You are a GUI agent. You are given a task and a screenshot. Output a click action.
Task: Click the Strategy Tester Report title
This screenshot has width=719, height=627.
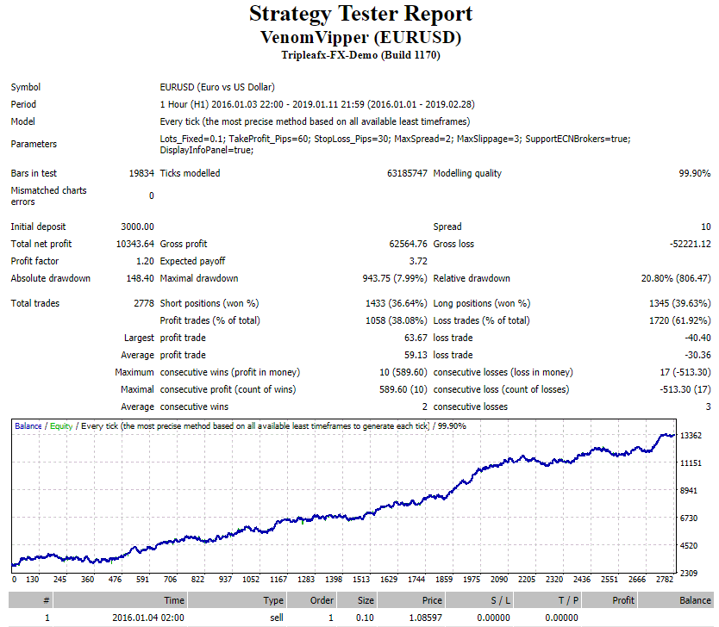(361, 14)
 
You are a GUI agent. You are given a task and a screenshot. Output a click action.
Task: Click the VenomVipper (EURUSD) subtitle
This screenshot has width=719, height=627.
(361, 37)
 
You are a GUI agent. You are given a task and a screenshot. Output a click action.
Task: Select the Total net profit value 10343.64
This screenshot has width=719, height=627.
(134, 244)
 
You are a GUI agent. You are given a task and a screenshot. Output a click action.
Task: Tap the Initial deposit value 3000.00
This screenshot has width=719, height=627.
(138, 227)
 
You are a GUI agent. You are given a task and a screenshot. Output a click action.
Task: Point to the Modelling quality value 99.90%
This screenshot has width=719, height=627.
(695, 173)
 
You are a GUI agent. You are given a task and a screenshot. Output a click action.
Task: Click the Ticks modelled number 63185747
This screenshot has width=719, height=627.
(407, 173)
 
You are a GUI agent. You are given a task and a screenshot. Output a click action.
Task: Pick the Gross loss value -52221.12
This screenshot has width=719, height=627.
(690, 244)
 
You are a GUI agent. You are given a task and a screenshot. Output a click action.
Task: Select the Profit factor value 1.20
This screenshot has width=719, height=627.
(145, 261)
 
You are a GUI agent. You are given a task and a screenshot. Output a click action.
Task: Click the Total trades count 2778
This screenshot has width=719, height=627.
(144, 303)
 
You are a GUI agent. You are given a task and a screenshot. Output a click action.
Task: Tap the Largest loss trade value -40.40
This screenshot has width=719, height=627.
(698, 338)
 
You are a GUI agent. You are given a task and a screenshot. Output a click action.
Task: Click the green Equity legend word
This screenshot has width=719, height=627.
(61, 426)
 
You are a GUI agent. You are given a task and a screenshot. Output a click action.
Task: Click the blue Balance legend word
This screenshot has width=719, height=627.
(28, 426)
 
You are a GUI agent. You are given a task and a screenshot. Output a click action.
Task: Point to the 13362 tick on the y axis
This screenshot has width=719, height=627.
(691, 436)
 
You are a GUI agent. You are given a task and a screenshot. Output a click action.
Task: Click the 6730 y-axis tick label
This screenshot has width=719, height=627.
(689, 518)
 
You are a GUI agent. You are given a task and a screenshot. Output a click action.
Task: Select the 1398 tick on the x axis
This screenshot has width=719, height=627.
(334, 580)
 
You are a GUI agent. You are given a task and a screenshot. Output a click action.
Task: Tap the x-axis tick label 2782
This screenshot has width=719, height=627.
(665, 580)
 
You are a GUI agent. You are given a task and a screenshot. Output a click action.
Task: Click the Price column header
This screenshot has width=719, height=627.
(432, 600)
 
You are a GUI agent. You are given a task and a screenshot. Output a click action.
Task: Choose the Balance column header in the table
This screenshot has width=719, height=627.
(695, 600)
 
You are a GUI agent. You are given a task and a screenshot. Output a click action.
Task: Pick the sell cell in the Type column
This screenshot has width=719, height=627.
(277, 618)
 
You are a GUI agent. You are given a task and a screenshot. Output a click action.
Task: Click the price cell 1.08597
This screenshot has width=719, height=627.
(426, 618)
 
